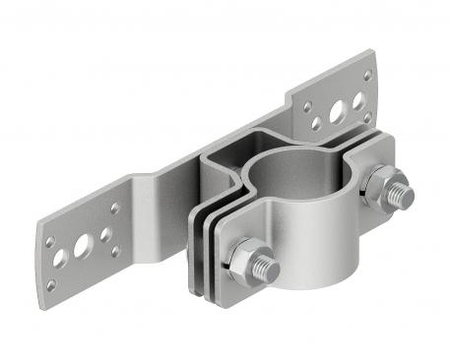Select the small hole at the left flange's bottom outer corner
click(x=51, y=285)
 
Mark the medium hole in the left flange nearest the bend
click(x=102, y=236)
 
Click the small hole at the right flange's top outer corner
click(x=366, y=75)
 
